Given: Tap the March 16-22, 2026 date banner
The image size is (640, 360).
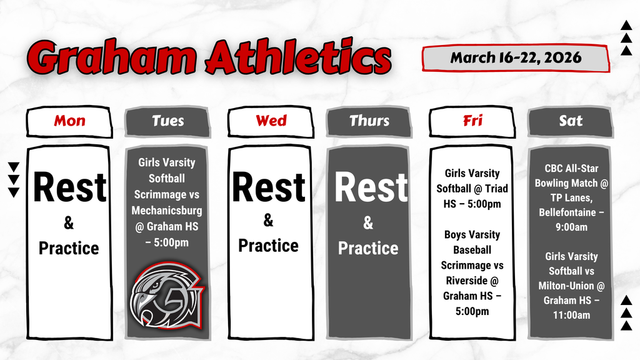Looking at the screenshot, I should click(x=516, y=58).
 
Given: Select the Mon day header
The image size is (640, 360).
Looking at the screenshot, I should click(x=69, y=121).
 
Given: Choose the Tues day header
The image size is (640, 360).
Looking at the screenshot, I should click(x=167, y=121).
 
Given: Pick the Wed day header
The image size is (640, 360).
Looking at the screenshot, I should click(x=271, y=121).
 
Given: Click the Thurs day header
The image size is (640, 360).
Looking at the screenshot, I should click(x=369, y=121).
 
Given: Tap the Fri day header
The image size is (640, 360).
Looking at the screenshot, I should click(x=472, y=121).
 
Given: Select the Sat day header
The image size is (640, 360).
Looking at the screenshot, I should click(x=570, y=121).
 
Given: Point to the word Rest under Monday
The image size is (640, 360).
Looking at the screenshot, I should click(x=69, y=188).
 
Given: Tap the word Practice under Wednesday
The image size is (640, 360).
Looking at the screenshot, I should click(x=268, y=246).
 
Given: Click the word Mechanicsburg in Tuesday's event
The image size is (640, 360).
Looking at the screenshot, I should click(x=166, y=211).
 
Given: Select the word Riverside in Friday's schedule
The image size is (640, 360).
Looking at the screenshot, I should click(x=462, y=281).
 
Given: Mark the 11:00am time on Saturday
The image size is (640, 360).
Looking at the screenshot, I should click(x=571, y=315).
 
